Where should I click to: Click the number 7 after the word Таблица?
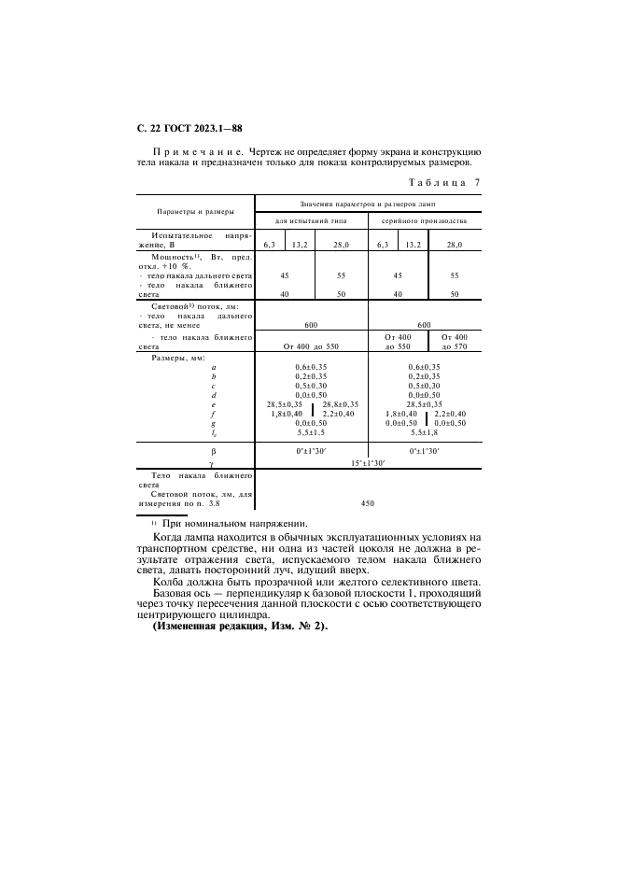coord(477,182)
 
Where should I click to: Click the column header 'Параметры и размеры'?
coord(195,212)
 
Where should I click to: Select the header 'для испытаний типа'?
coord(312,220)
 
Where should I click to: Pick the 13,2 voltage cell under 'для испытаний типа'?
coord(300,244)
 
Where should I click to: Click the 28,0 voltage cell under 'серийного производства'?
coord(454,244)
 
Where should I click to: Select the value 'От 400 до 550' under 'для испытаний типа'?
coord(311,345)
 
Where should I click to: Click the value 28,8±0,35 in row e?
coord(340,403)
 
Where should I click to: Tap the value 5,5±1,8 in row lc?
coord(425,431)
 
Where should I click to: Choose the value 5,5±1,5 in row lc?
coord(311,431)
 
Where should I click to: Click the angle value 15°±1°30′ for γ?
coord(367,462)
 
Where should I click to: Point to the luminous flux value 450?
coord(367,502)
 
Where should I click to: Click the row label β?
coord(213,450)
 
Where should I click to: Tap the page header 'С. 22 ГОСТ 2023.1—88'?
coord(189,128)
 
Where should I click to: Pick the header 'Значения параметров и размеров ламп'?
coord(368,204)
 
